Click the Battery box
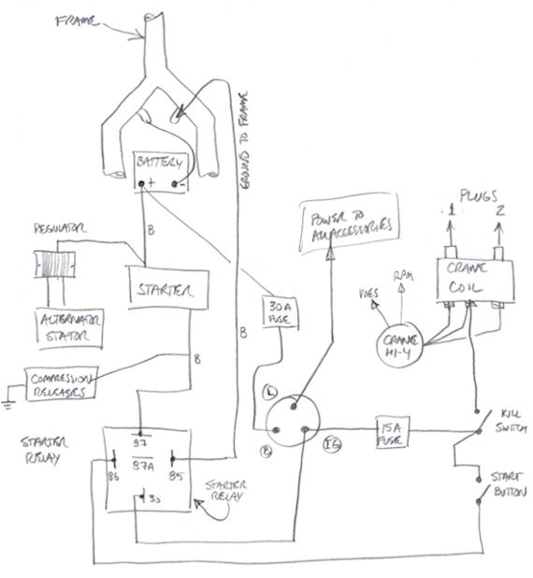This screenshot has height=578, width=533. point(160,172)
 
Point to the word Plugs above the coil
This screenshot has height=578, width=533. point(473,196)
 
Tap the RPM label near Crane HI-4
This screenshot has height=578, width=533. point(403,278)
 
